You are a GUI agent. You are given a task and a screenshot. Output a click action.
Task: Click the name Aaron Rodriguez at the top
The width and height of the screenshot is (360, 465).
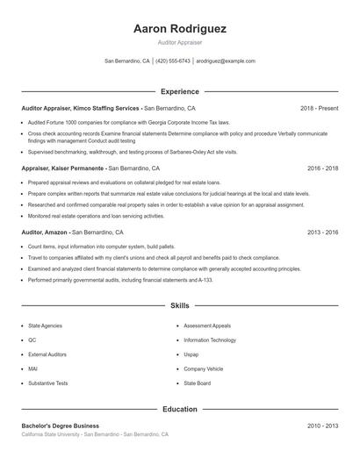179,29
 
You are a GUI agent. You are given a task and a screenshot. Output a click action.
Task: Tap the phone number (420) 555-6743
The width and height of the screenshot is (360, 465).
173,61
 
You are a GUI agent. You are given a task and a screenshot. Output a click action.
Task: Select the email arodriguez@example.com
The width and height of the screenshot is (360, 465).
226,61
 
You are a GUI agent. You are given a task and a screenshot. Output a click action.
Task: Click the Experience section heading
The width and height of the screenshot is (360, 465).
179,91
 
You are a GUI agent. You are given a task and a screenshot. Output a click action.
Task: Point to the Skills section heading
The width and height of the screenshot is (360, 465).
179,305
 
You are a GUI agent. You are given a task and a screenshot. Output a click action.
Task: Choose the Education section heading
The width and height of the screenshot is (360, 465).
179,409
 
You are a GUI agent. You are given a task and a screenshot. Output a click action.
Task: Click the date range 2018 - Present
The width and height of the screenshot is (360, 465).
319,109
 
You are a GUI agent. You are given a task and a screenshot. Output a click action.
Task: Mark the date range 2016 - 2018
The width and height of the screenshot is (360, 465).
322,168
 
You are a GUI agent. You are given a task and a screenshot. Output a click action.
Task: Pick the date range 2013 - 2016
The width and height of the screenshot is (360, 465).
322,232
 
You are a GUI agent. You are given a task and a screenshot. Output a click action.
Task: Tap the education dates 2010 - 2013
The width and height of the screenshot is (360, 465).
322,426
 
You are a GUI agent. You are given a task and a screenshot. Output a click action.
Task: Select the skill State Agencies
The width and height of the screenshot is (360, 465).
46,325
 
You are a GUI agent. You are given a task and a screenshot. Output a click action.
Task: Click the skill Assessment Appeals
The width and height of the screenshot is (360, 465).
207,325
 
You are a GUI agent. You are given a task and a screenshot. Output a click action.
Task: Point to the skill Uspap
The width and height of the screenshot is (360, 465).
191,354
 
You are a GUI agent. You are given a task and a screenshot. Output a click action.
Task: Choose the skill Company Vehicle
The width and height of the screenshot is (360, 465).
203,369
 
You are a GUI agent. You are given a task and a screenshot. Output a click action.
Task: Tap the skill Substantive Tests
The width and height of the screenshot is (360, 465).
48,383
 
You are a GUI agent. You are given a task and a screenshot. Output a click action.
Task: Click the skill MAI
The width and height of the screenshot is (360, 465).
32,369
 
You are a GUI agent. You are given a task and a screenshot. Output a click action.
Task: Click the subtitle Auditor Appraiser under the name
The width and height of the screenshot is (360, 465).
179,42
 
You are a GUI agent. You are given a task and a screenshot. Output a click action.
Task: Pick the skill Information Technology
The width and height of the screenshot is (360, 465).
210,340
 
